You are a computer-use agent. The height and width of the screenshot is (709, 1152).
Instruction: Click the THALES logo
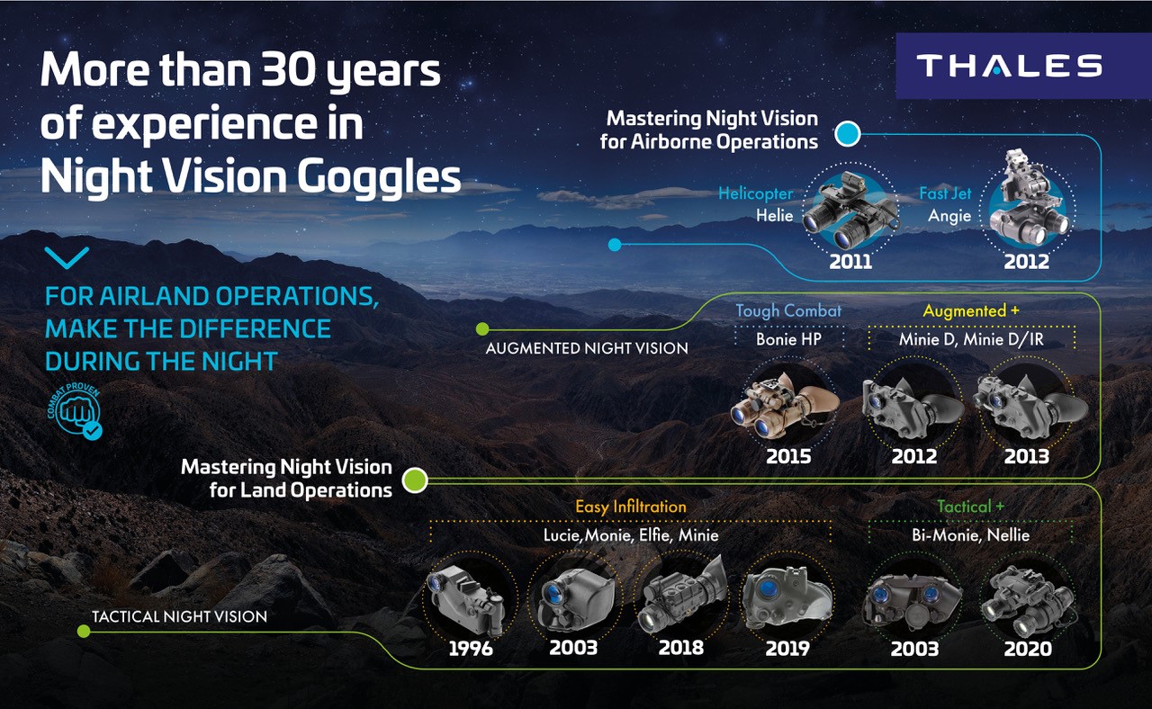(1010, 66)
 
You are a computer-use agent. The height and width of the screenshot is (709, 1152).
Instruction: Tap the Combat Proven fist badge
(76, 411)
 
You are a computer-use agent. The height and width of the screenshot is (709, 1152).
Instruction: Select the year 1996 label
(471, 649)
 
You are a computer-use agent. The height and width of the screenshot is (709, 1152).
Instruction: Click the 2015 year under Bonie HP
(788, 456)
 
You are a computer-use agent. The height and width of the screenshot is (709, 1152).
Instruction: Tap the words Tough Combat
(788, 311)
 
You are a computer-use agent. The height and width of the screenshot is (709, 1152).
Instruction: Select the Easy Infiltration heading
(631, 507)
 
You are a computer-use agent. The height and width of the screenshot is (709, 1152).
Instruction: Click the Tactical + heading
(970, 507)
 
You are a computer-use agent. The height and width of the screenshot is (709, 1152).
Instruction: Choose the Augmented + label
(971, 311)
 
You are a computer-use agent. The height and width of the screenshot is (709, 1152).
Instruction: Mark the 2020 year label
(1028, 650)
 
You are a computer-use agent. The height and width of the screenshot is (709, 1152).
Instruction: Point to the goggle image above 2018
(682, 597)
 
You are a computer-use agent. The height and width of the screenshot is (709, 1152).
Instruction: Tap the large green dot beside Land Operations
(415, 480)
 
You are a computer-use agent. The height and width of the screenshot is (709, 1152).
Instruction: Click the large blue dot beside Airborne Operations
(848, 134)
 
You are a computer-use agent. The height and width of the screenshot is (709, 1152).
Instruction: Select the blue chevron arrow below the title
(67, 257)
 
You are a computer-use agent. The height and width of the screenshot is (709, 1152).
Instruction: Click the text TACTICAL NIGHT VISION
(179, 616)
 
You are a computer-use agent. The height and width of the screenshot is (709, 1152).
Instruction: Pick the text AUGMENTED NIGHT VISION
(587, 348)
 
